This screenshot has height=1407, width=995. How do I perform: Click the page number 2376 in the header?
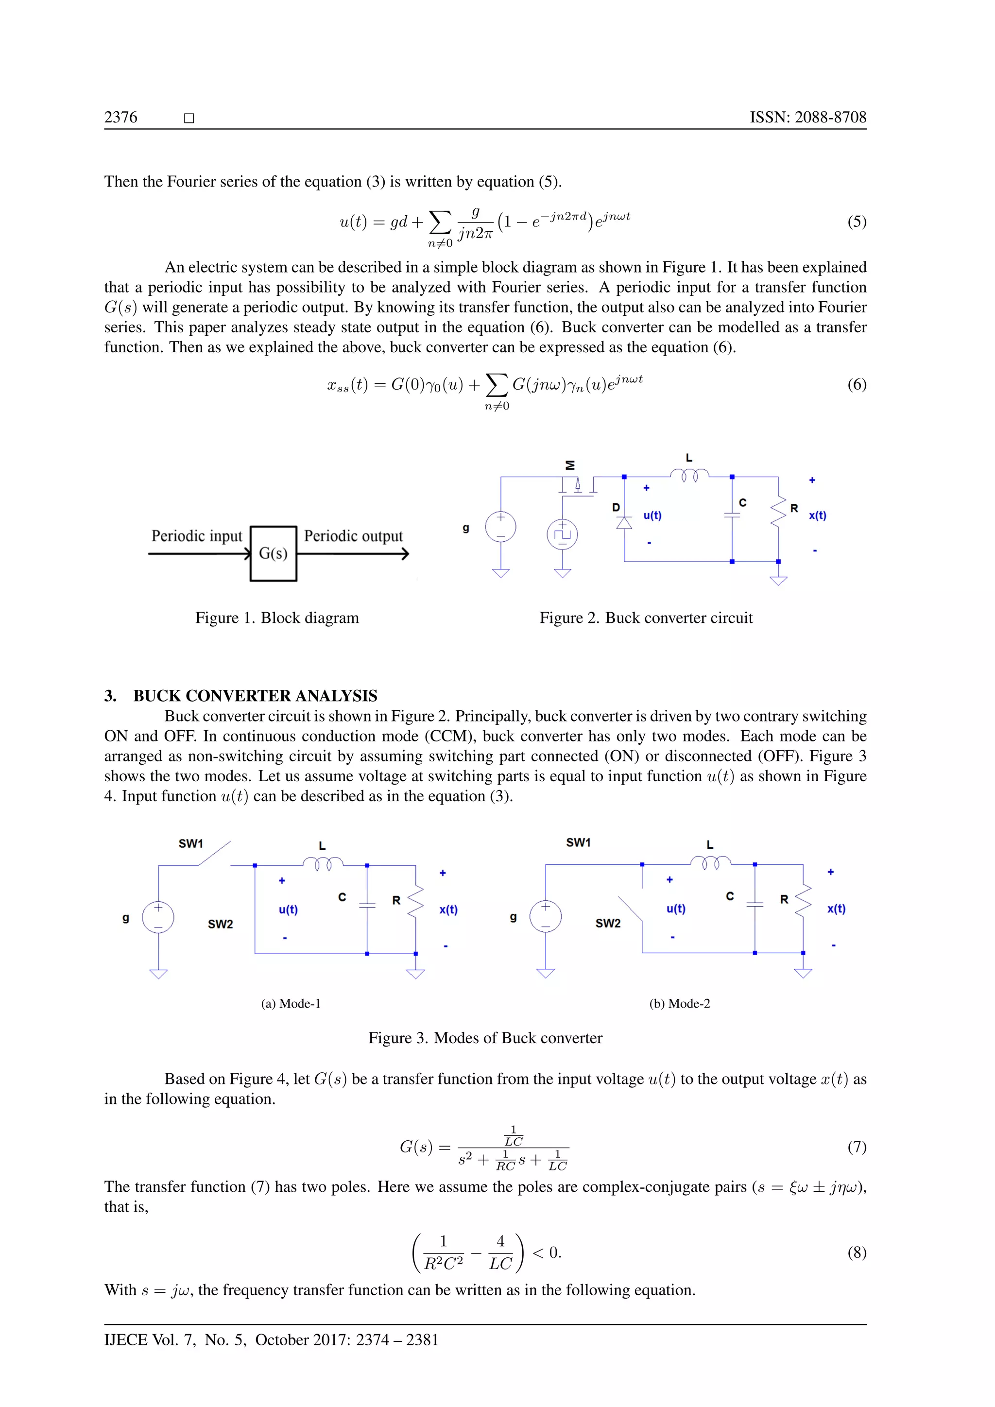tap(120, 117)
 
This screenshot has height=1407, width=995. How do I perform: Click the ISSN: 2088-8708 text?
tap(807, 117)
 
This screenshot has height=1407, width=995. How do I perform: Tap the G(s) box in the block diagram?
tap(273, 553)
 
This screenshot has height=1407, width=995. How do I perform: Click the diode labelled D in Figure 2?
tap(624, 522)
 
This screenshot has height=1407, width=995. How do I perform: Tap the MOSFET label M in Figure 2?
tap(570, 465)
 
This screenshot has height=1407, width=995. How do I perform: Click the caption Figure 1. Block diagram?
tap(277, 618)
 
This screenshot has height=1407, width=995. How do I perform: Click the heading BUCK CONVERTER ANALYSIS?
tap(255, 696)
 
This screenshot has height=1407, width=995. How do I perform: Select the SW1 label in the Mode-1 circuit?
tap(190, 844)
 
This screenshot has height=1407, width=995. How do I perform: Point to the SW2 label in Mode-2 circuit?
tap(608, 923)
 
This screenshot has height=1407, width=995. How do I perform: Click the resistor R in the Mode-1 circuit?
tap(415, 901)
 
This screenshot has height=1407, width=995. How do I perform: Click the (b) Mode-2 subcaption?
tap(680, 1003)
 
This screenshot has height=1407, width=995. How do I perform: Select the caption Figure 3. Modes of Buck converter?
tap(485, 1037)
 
